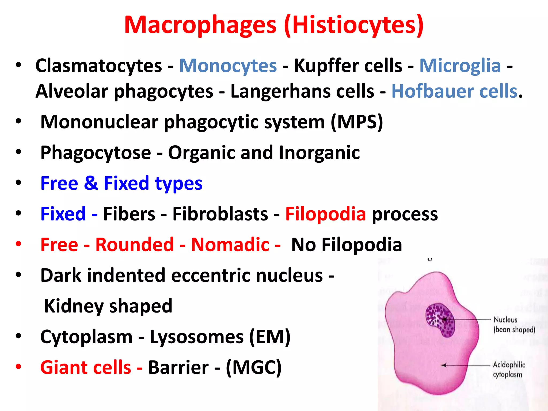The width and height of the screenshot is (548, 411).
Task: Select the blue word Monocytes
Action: pos(228,66)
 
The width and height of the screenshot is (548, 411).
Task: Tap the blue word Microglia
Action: pos(460,66)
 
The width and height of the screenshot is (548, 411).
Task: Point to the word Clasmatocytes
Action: pos(99,66)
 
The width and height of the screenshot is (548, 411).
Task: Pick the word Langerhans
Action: pos(302,91)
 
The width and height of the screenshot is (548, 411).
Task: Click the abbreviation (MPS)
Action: pos(357,122)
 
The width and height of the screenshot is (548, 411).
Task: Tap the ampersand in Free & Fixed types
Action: pos(91,183)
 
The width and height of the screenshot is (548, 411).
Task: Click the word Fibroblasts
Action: pos(220,214)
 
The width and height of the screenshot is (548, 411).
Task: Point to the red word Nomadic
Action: pos(230,245)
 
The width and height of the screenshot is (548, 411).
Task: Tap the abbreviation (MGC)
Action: pos(254,367)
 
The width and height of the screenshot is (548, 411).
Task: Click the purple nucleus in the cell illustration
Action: pos(440,320)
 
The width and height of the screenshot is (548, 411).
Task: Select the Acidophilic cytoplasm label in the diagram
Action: pos(509,370)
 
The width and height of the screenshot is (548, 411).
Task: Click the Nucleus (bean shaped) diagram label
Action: pos(514,325)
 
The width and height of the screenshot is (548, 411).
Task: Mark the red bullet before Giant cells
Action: pos(18,367)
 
